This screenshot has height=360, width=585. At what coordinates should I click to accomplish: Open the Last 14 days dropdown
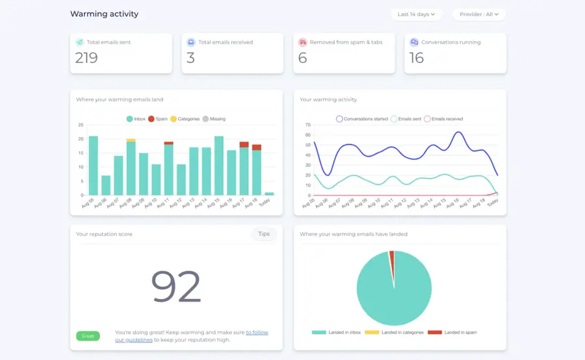coord(416,14)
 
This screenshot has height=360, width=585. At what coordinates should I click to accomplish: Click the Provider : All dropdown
coord(479,14)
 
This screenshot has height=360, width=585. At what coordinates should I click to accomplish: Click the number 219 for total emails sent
coord(86,58)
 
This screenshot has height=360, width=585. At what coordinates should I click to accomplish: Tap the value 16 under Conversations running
coord(417,58)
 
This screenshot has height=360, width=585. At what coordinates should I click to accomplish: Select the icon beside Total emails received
coord(191,42)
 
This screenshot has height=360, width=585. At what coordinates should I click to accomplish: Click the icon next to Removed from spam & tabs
coord(302,42)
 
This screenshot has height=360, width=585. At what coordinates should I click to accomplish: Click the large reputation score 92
coord(175,286)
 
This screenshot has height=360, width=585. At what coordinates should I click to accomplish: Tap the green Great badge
coord(88,336)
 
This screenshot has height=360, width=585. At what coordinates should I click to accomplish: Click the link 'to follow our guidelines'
coord(257,332)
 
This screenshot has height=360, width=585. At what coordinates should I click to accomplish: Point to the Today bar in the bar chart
coord(269,194)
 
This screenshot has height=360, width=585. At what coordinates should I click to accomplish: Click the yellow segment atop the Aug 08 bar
coord(131,140)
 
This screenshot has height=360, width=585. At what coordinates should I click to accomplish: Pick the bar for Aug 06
coord(106,185)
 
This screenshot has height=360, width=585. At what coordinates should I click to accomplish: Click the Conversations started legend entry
coord(361,119)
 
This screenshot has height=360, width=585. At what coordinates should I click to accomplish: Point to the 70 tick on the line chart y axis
coord(308,125)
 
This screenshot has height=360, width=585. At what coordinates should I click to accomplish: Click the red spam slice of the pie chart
coord(391,258)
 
